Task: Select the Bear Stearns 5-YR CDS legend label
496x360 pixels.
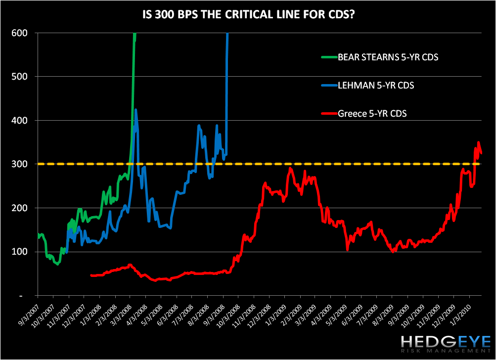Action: click(388, 57)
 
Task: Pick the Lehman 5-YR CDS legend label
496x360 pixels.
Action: click(376, 86)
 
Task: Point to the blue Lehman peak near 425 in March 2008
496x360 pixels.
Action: click(135, 110)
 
